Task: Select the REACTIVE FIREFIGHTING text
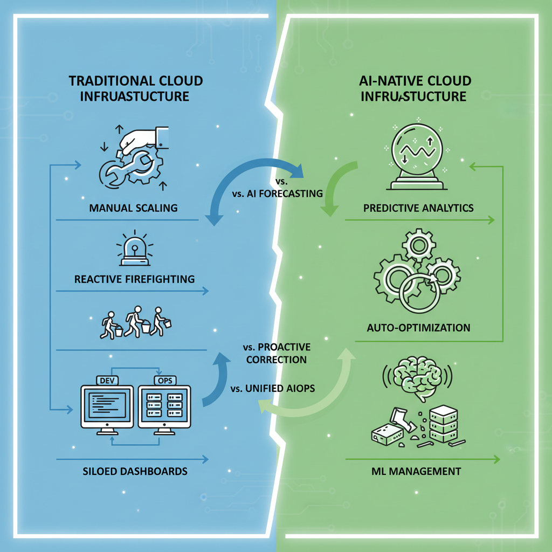[x=135, y=279]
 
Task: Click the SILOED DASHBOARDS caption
[x=135, y=471]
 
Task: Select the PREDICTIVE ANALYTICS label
[x=419, y=208]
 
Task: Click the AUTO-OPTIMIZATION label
[x=419, y=327]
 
